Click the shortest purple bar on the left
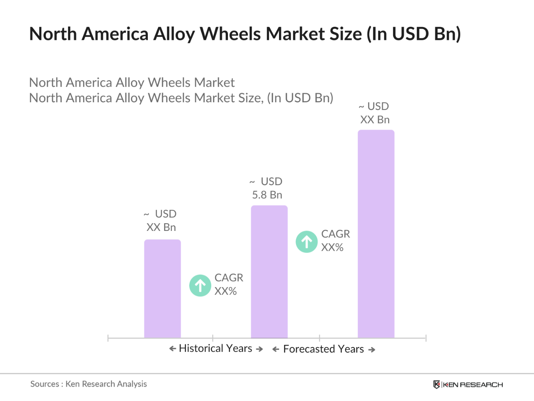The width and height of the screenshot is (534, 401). (162, 289)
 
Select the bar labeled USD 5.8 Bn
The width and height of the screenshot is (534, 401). (269, 272)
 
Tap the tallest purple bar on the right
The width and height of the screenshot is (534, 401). (376, 234)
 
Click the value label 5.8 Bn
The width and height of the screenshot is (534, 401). (267, 195)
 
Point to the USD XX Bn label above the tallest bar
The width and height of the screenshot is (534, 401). (375, 113)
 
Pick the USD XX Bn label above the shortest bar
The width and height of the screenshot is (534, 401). (161, 220)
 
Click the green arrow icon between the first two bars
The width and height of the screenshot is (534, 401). (200, 286)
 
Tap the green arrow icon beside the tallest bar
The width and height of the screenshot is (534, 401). (306, 242)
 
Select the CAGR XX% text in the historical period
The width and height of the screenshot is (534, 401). (228, 284)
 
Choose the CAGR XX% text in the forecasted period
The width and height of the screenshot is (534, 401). (335, 241)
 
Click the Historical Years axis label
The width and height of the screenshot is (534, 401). (216, 348)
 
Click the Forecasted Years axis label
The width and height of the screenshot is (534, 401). (323, 349)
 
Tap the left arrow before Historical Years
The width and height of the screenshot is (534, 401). (173, 349)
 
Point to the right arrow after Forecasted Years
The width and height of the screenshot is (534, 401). (372, 350)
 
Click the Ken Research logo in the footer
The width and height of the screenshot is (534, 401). (468, 384)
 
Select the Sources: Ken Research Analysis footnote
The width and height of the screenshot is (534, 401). (89, 384)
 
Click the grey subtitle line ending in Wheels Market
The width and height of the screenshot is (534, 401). (132, 83)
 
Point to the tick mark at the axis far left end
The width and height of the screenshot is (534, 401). (108, 338)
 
